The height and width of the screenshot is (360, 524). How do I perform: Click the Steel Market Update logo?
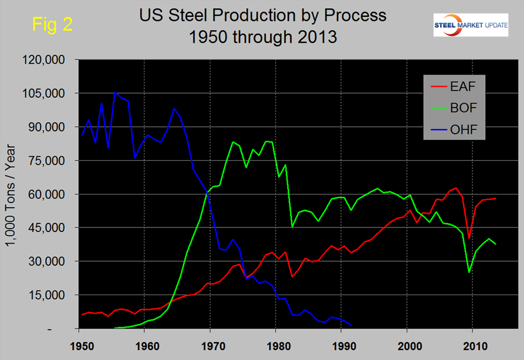click(471, 24)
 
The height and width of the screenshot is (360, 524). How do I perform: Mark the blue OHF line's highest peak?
click(115, 92)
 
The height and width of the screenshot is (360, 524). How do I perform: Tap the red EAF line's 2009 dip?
click(469, 238)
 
